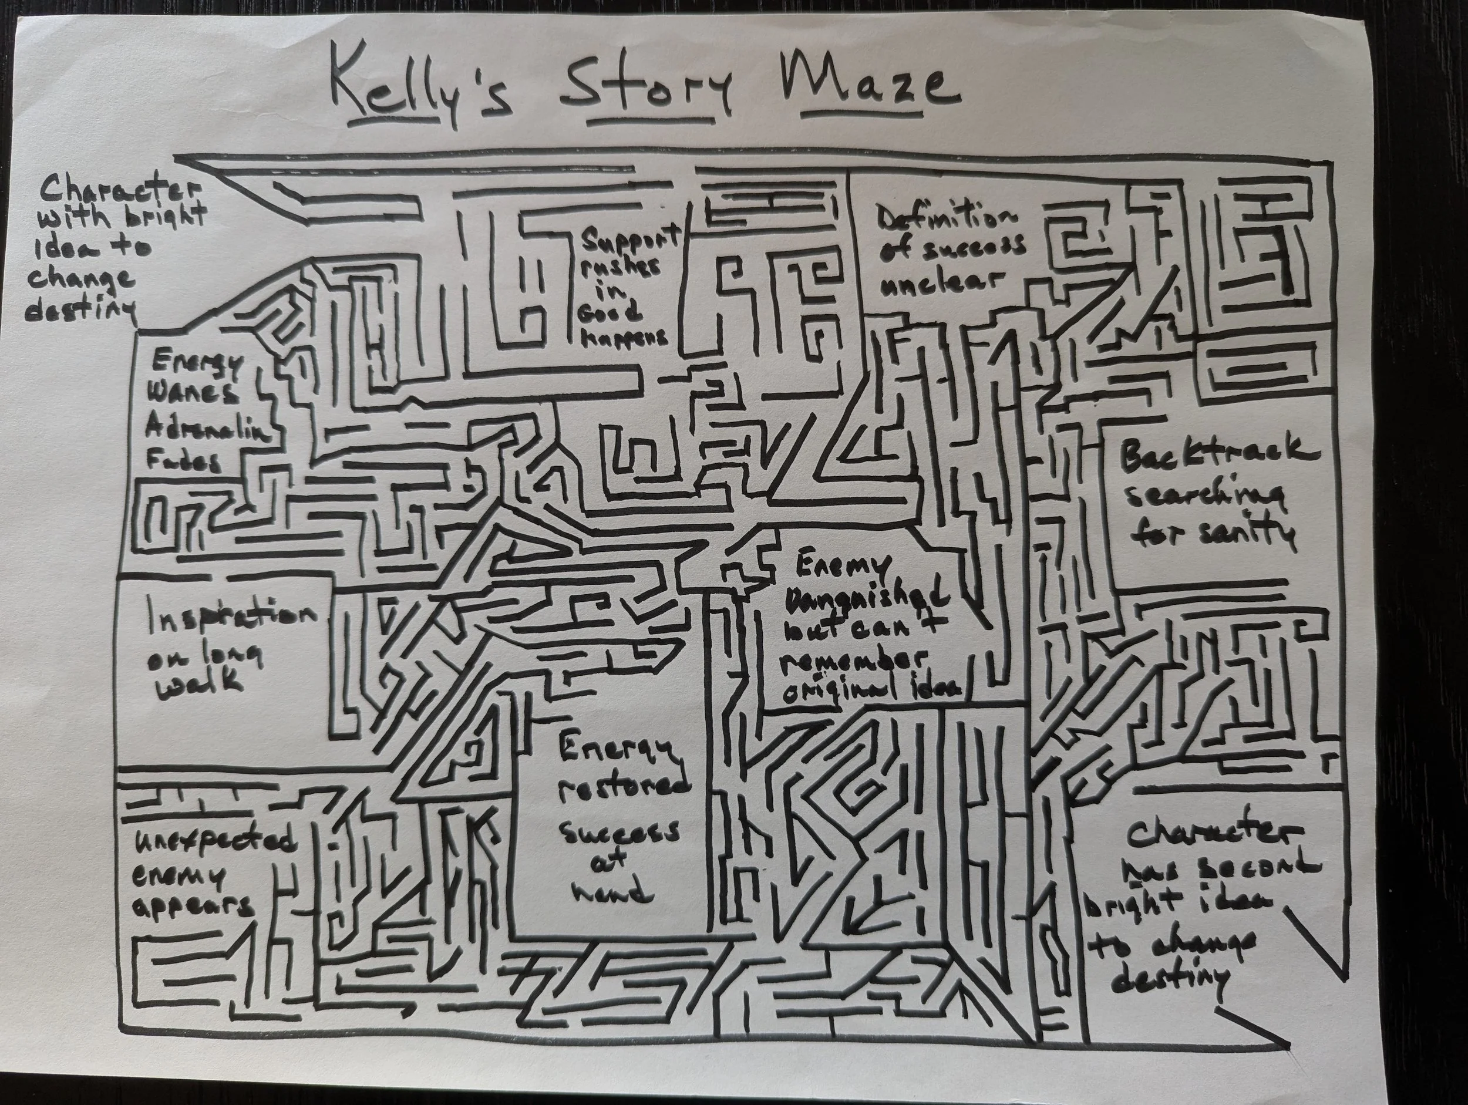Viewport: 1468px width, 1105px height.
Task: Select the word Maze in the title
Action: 870,86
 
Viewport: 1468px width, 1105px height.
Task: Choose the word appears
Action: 193,907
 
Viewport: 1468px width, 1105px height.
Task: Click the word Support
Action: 631,238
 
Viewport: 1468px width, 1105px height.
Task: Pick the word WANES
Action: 193,397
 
